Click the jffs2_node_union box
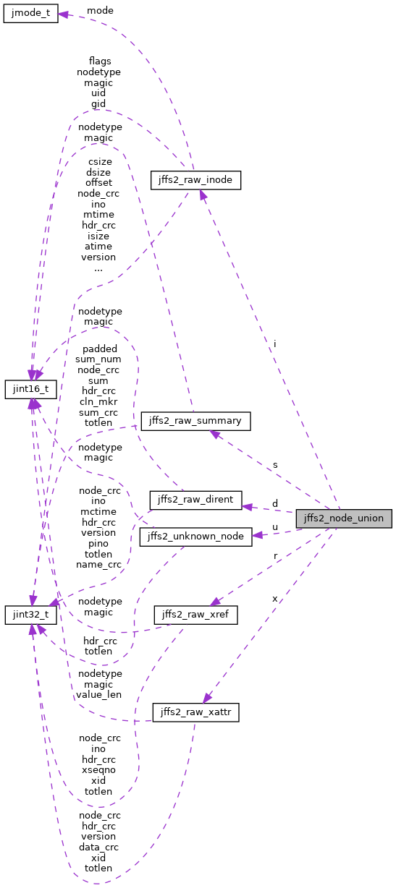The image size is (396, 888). (x=344, y=518)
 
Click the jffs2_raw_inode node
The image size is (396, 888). (x=195, y=180)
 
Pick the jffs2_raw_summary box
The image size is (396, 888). (x=195, y=421)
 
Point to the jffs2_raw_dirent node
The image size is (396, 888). (x=195, y=499)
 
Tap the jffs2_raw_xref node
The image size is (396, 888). (x=195, y=615)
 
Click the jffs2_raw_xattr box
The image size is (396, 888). (x=195, y=712)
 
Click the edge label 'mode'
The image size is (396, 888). (x=99, y=11)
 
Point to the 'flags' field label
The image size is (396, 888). (x=98, y=61)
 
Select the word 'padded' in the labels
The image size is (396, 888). (x=98, y=348)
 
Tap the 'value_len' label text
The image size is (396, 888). (x=98, y=694)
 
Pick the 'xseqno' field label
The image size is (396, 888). (x=98, y=770)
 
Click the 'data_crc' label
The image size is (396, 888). (x=98, y=846)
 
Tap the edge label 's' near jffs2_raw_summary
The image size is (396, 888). (x=275, y=464)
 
